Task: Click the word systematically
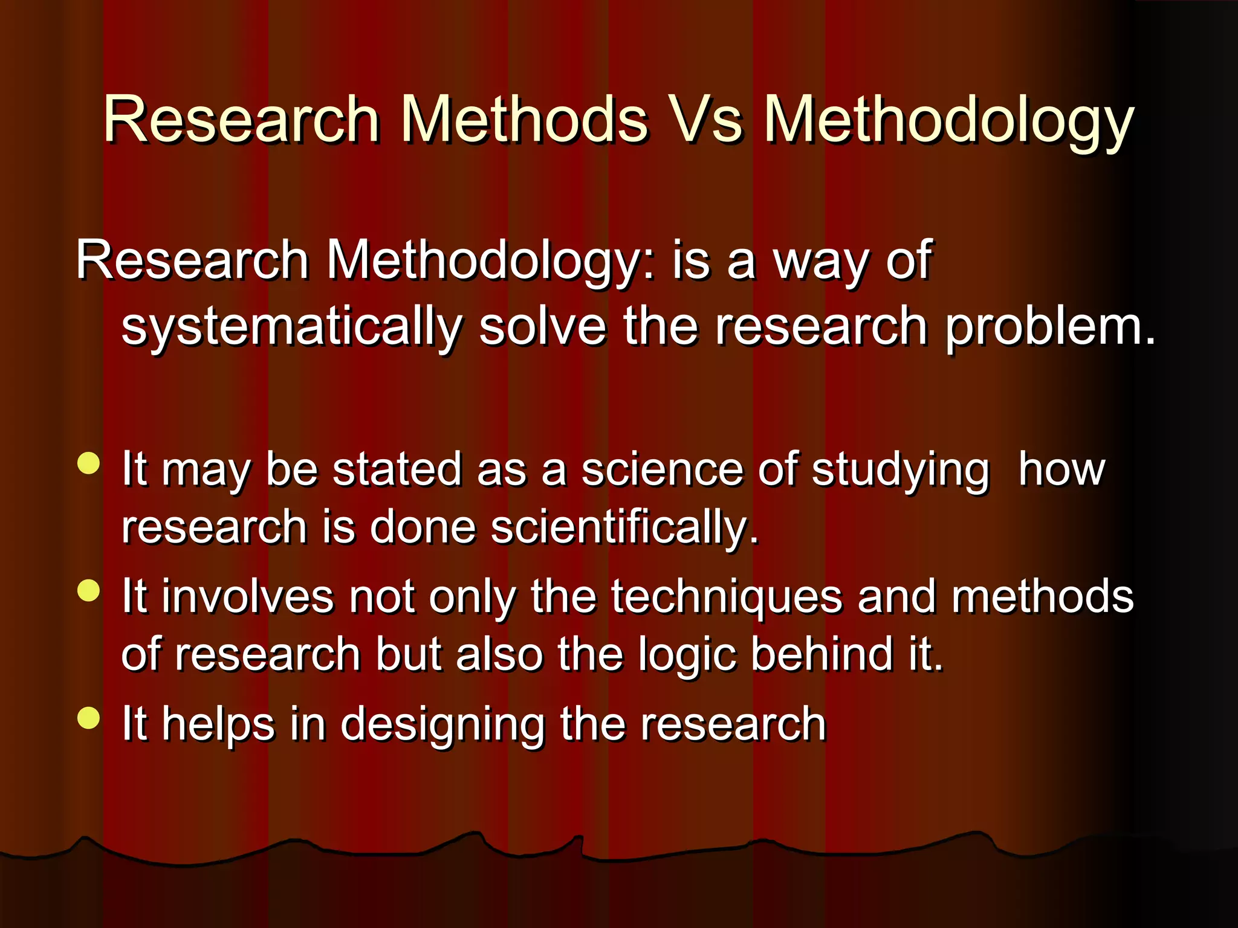pyautogui.click(x=291, y=328)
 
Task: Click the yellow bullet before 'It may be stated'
pyautogui.click(x=89, y=464)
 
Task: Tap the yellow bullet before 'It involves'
pyautogui.click(x=89, y=591)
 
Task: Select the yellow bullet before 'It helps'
pyautogui.click(x=89, y=718)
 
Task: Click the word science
pyautogui.click(x=662, y=469)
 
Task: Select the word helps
pyautogui.click(x=218, y=725)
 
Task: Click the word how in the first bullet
pyautogui.click(x=1061, y=469)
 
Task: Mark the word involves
pyautogui.click(x=247, y=597)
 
